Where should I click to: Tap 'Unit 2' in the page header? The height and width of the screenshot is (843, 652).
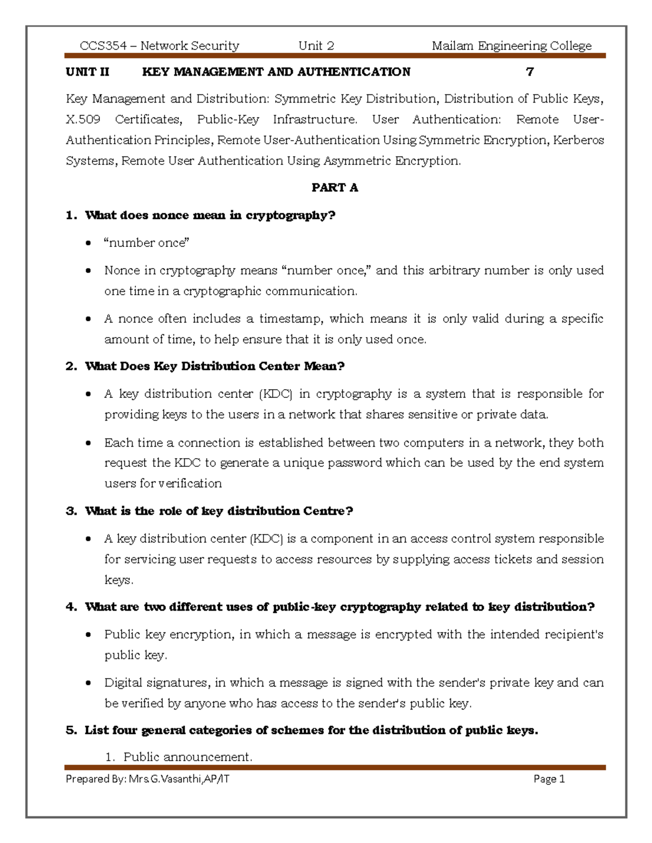(316, 46)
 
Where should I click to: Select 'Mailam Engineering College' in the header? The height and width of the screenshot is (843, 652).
(511, 46)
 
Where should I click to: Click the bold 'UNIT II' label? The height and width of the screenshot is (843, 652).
(87, 72)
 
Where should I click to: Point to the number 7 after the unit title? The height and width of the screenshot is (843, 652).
(530, 72)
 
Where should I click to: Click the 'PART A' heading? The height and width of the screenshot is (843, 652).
(335, 188)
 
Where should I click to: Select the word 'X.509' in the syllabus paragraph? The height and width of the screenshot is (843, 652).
(83, 119)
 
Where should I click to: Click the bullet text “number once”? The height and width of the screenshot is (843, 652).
(146, 243)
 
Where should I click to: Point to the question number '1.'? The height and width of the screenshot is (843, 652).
(71, 215)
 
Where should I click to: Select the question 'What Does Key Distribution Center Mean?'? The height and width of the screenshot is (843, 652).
(215, 366)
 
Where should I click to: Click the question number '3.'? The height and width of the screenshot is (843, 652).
(71, 511)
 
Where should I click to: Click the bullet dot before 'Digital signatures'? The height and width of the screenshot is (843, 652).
(88, 683)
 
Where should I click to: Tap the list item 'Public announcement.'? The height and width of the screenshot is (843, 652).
(187, 757)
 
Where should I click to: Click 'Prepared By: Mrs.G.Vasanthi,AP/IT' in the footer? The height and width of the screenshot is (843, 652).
(147, 779)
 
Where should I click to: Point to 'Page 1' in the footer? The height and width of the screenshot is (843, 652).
(549, 779)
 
